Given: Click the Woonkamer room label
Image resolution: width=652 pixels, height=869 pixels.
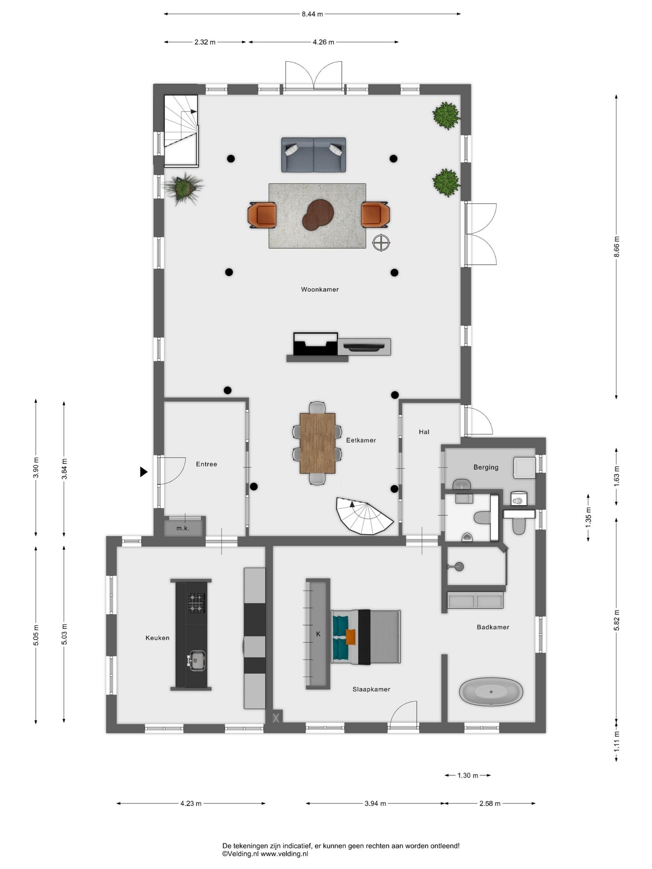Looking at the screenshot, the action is point(320,290).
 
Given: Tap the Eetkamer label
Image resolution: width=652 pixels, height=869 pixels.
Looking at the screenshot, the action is point(361,440).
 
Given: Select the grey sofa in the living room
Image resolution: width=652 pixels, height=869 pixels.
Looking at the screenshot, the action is point(313,155).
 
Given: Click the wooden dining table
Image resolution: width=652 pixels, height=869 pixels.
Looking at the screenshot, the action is point(317,443).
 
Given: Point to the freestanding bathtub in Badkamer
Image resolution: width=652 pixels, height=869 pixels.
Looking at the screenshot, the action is point(491,692).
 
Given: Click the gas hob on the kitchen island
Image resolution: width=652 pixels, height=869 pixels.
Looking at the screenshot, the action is point(197,603).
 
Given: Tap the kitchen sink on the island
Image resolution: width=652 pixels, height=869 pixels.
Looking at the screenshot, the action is point(197,661).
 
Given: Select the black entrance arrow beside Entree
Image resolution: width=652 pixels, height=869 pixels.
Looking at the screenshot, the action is point(144,472).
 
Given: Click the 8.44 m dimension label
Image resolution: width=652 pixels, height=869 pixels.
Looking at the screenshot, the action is point(312,14).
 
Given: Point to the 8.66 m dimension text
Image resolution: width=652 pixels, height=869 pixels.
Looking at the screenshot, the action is point(616,247).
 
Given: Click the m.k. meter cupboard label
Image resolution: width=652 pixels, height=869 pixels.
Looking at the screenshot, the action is point(183,528).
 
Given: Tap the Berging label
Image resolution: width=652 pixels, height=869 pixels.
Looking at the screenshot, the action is point(486,467).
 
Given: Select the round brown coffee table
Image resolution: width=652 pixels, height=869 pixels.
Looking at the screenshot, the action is point(318,215).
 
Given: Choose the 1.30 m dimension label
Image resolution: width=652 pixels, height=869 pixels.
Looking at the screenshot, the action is point(468,775).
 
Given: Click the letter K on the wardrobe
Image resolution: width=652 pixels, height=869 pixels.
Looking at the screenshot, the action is point(318,634).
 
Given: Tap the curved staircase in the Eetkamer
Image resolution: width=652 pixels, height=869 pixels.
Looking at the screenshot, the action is point(365,516).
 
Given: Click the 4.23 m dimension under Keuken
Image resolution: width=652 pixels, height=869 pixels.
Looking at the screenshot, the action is point(191,803).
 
